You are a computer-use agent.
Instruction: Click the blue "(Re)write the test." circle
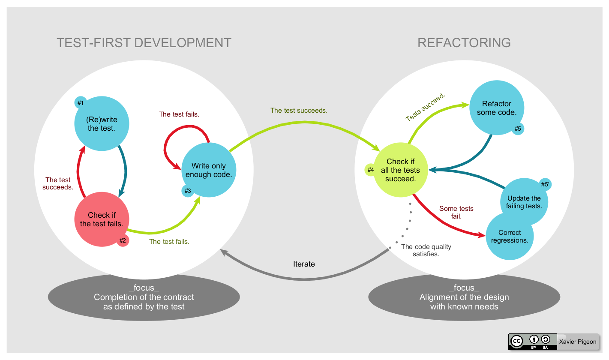click(x=101, y=123)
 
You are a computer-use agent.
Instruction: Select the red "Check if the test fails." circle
click(x=102, y=219)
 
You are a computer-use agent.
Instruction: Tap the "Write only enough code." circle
click(x=209, y=170)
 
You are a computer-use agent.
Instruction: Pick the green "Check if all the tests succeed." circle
click(x=401, y=170)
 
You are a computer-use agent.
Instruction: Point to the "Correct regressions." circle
click(x=510, y=237)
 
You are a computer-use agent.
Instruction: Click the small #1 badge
click(x=80, y=103)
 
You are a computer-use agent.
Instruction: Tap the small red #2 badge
click(x=123, y=240)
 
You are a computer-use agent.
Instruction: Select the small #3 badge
click(x=187, y=191)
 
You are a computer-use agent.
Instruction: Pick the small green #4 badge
click(x=371, y=170)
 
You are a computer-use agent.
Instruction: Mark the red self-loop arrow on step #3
click(x=171, y=148)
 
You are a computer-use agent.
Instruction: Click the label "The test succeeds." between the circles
click(x=299, y=111)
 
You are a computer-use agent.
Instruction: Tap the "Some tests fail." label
click(x=456, y=212)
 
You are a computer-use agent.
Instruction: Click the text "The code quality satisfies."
click(x=426, y=250)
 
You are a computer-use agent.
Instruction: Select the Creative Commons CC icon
click(x=517, y=341)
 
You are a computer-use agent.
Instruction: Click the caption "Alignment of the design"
click(x=464, y=297)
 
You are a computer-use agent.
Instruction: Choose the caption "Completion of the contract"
click(x=144, y=297)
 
